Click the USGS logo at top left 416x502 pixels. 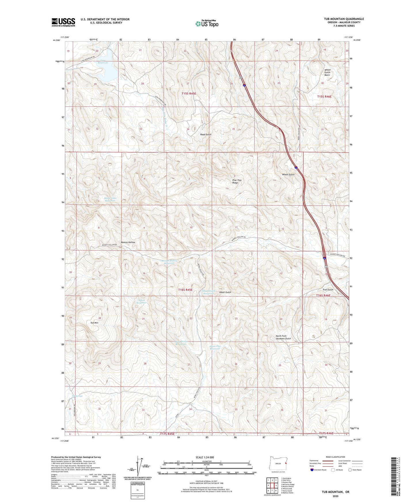coord(63,22)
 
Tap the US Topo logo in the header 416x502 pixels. coord(207,24)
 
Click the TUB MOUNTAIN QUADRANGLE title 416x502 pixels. coord(344,19)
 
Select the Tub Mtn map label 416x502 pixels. coord(94,323)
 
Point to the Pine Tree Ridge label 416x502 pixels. coord(237,181)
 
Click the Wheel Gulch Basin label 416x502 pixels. coord(327,72)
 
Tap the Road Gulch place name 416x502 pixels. coord(206,135)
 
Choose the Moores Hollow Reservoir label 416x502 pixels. coord(169,262)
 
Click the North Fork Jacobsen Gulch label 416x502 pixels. coord(283,337)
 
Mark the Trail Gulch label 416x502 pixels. coord(328,290)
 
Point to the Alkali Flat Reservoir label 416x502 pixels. coord(215,347)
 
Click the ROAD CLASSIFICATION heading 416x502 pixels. coord(335,457)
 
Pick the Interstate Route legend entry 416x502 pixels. coord(318,470)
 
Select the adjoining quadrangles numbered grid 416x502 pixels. coord(272,485)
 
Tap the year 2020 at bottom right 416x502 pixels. coord(335,496)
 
